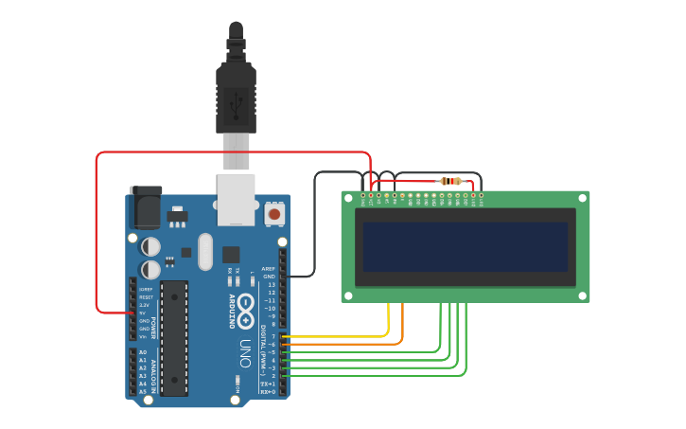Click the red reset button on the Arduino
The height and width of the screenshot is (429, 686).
coord(273,214)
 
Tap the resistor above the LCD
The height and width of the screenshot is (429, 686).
coord(451,181)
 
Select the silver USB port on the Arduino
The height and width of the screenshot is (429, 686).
coord(236,199)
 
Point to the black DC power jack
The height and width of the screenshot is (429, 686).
coord(145,207)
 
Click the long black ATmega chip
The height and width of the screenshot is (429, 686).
coord(174,337)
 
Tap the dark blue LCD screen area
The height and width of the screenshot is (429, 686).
coord(465,247)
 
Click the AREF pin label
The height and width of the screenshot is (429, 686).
coord(269,269)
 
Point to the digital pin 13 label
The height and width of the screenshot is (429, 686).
coord(271,284)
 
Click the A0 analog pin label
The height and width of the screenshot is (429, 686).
coord(143,352)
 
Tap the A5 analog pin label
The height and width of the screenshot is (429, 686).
coord(143,391)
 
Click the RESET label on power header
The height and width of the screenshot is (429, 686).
coord(146,297)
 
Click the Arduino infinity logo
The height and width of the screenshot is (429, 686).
coord(245,308)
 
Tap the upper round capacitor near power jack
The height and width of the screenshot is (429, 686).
coord(150,246)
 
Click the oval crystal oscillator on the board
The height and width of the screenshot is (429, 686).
coord(205,251)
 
